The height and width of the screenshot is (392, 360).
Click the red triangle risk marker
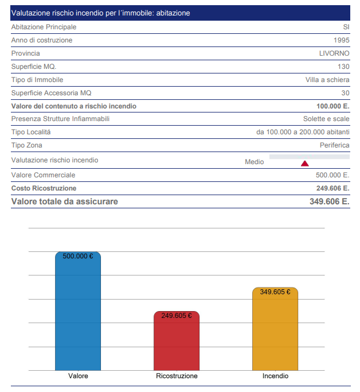305,164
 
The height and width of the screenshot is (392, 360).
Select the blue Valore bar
78,311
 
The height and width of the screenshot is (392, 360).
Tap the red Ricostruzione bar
177,341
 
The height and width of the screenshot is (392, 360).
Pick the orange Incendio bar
275,329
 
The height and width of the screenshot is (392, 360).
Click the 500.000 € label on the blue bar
78,256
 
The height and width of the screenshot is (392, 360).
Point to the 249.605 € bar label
177,316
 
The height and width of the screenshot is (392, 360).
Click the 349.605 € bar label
275,292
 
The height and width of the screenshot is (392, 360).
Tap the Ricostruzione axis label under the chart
177,376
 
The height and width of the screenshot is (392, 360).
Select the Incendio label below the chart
275,376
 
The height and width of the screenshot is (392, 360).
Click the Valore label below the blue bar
78,376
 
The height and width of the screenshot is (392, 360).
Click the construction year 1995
342,40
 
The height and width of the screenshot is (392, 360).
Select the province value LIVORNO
334,53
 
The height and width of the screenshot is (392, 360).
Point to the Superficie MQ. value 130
343,67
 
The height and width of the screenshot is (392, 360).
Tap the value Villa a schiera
327,80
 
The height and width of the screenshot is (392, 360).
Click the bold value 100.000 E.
333,106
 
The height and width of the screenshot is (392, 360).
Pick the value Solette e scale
326,119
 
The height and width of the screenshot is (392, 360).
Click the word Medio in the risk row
255,162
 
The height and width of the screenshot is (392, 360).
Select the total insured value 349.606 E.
330,201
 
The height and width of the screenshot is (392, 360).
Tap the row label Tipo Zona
27,145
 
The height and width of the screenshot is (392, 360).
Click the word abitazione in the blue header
173,13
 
